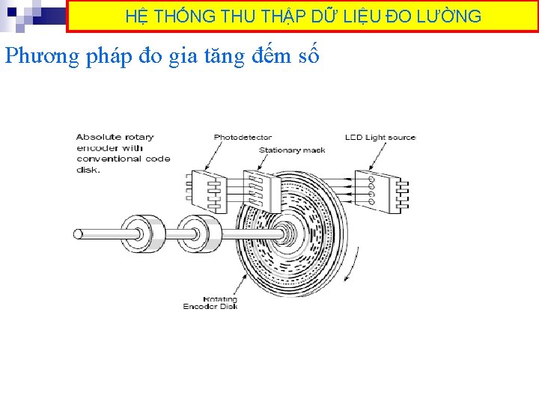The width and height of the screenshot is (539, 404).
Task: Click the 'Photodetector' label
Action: tap(243, 137)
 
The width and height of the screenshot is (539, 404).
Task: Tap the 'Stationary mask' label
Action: tap(292, 150)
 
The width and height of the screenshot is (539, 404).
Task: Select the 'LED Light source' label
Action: tap(380, 137)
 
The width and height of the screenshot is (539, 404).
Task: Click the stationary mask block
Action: tap(258, 191)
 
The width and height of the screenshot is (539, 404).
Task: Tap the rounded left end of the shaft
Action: tap(79, 234)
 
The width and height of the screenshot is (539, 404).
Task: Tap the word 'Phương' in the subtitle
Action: tap(42, 56)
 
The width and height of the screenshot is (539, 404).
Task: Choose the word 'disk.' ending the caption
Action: tap(88, 169)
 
